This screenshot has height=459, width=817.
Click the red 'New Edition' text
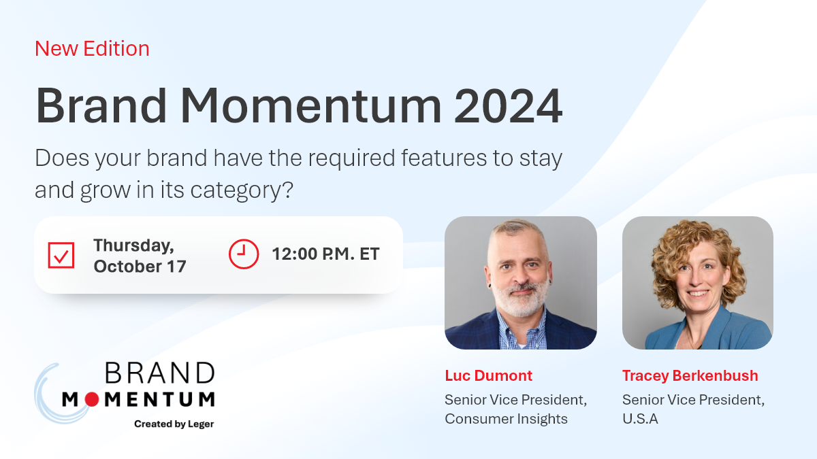92,48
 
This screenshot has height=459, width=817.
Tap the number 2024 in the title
508,106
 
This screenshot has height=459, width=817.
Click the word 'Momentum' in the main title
310,106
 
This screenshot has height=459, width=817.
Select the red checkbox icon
61,255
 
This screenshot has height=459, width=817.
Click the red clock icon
244,254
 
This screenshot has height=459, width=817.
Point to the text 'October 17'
140,267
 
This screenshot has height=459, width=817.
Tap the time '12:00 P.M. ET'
325,254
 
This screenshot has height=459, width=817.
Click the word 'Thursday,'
133,245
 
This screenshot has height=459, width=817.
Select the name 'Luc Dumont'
488,375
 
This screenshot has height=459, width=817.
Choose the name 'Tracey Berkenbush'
690,375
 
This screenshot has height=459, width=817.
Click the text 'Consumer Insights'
506,419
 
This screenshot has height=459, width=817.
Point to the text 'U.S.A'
640,419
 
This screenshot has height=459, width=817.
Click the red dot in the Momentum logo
91,399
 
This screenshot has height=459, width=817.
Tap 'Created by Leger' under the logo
174,424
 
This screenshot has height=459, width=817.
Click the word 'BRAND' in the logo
160,373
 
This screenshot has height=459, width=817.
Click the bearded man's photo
520,283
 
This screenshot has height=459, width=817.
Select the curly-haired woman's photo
697,283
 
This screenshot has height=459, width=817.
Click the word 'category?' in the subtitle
242,190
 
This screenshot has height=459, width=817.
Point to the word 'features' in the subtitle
444,158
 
